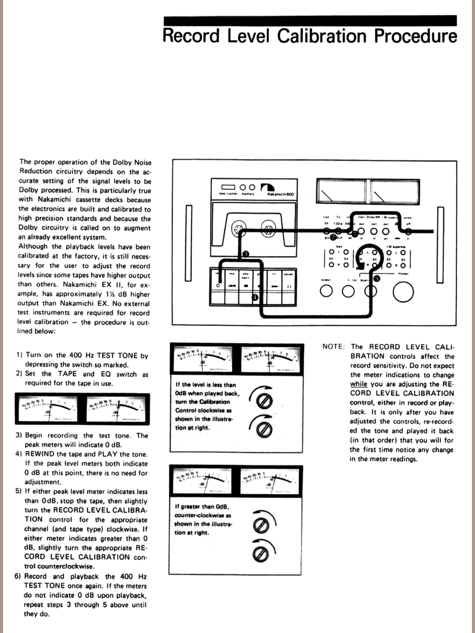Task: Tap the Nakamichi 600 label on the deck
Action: (x=280, y=194)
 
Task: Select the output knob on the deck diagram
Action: (x=326, y=291)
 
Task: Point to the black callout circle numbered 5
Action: (x=377, y=278)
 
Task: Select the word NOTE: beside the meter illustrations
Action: (x=333, y=347)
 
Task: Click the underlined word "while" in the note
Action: (x=358, y=384)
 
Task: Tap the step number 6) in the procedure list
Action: (x=18, y=576)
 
